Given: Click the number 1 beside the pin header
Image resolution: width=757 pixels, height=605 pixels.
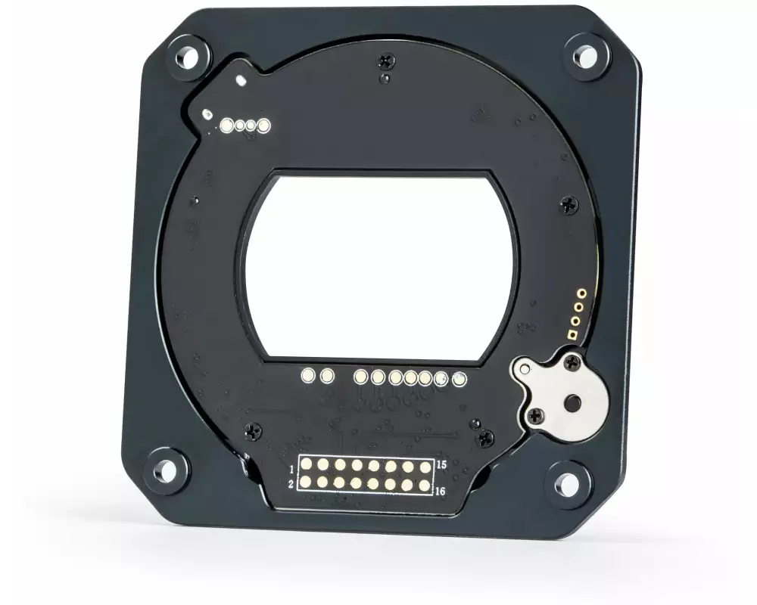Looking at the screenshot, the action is click(x=291, y=469).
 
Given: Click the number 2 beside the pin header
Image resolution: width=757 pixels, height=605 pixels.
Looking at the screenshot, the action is click(x=291, y=483).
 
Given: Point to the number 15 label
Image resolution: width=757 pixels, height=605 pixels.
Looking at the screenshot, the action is click(x=441, y=465).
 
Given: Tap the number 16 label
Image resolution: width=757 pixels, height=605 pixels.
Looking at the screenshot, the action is click(x=441, y=491).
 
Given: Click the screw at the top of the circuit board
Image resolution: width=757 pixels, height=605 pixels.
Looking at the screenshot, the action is click(x=386, y=60).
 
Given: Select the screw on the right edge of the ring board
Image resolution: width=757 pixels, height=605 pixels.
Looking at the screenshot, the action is click(x=569, y=204).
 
